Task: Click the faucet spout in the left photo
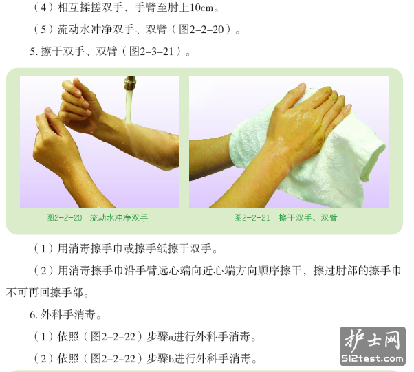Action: coord(130,83)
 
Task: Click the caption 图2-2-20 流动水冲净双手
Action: coord(97,218)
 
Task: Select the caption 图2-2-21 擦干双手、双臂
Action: coord(285,218)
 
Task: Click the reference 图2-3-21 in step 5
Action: coord(151,51)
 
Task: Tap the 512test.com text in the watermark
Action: coord(373,358)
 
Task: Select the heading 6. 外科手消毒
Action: coord(65,315)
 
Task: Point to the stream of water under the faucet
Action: coord(129,106)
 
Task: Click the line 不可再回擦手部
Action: coord(47,293)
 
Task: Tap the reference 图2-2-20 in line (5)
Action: coord(201,30)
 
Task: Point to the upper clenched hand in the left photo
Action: coord(79,106)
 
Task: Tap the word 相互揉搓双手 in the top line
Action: coord(91,8)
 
